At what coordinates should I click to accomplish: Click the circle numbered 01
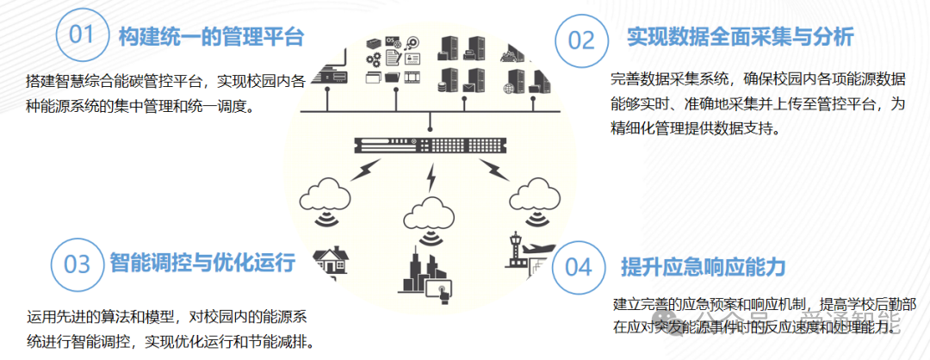tap(81, 36)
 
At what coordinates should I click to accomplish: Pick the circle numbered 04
tap(578, 266)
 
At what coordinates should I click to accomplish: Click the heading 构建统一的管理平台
tap(211, 37)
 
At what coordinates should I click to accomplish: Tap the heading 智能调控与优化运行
tap(202, 262)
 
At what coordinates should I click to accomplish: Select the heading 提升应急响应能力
tap(704, 266)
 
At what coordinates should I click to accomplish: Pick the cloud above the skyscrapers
tap(427, 210)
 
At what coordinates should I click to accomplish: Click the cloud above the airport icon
tap(536, 191)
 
